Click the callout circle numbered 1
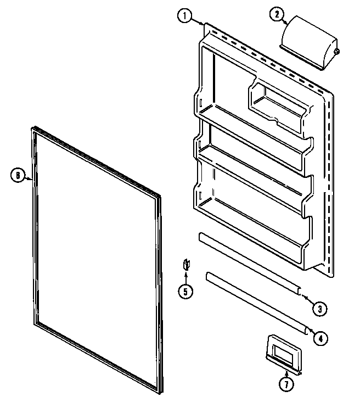(x=185, y=16)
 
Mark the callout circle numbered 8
(x=18, y=176)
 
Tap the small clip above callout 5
(x=185, y=266)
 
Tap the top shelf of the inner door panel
(x=252, y=132)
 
